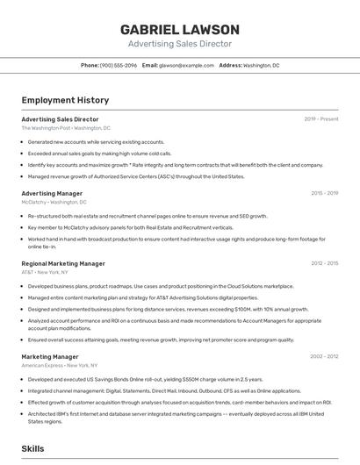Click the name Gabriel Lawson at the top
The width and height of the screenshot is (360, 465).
click(x=180, y=29)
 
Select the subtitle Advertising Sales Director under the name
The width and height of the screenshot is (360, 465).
click(x=180, y=43)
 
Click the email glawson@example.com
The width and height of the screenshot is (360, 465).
click(x=186, y=65)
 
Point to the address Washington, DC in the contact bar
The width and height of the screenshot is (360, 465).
click(x=261, y=65)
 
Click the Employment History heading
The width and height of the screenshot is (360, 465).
click(x=65, y=100)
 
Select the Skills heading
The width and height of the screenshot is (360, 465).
click(x=32, y=448)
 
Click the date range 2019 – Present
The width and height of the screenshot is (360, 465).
click(x=320, y=119)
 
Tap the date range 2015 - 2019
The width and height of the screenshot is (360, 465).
click(x=324, y=193)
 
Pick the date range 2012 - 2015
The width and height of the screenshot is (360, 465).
click(x=324, y=263)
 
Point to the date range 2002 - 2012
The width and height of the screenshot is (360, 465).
click(x=324, y=356)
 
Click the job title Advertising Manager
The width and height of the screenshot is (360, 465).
click(x=52, y=193)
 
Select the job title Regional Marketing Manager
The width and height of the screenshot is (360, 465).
click(x=63, y=263)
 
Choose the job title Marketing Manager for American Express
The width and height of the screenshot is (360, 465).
click(x=50, y=356)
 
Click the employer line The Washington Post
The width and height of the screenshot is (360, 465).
click(x=66, y=128)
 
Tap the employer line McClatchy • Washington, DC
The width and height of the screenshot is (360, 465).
click(x=61, y=202)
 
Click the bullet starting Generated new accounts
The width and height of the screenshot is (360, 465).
click(x=96, y=142)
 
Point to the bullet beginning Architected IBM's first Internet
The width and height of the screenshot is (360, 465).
click(x=176, y=413)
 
